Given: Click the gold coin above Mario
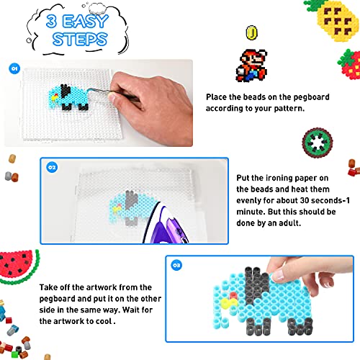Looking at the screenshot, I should click(251, 32).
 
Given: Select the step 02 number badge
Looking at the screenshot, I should click(52, 167).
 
